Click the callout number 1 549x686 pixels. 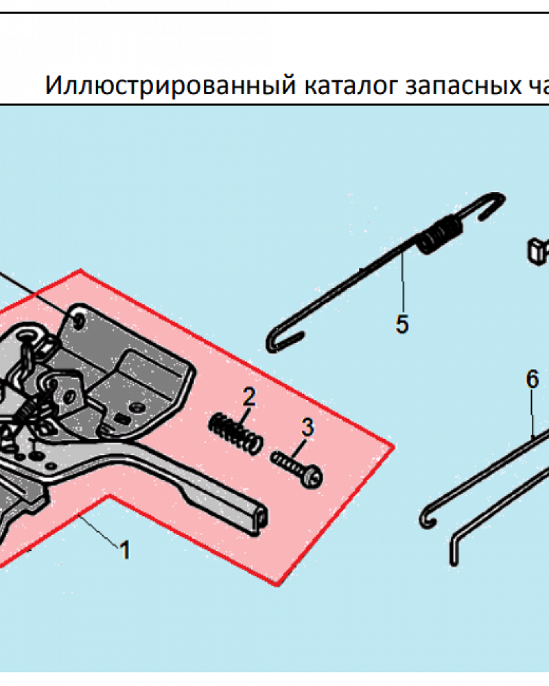(124, 549)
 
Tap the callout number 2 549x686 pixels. (248, 396)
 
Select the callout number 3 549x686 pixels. (307, 427)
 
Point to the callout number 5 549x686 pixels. (401, 324)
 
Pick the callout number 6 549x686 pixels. (533, 379)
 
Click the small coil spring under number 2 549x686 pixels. (235, 432)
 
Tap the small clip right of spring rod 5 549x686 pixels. (538, 250)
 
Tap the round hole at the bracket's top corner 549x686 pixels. (79, 320)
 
